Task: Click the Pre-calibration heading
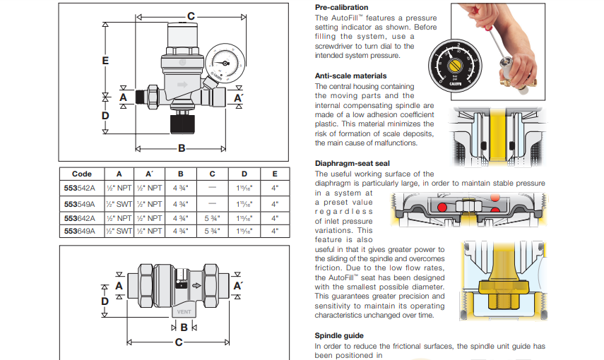pyautogui.click(x=341, y=6)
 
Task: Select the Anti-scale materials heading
pyautogui.click(x=350, y=76)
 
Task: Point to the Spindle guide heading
pyautogui.click(x=340, y=336)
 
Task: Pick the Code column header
pyautogui.click(x=81, y=174)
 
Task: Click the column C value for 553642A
pyautogui.click(x=212, y=217)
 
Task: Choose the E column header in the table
pyautogui.click(x=274, y=174)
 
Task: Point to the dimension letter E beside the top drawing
pyautogui.click(x=105, y=61)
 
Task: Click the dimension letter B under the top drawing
pyautogui.click(x=182, y=149)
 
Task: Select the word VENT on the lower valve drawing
pyautogui.click(x=184, y=311)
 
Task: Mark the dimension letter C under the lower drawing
pyautogui.click(x=179, y=342)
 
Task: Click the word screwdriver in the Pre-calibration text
pyautogui.click(x=339, y=46)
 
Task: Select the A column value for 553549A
pyautogui.click(x=119, y=203)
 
